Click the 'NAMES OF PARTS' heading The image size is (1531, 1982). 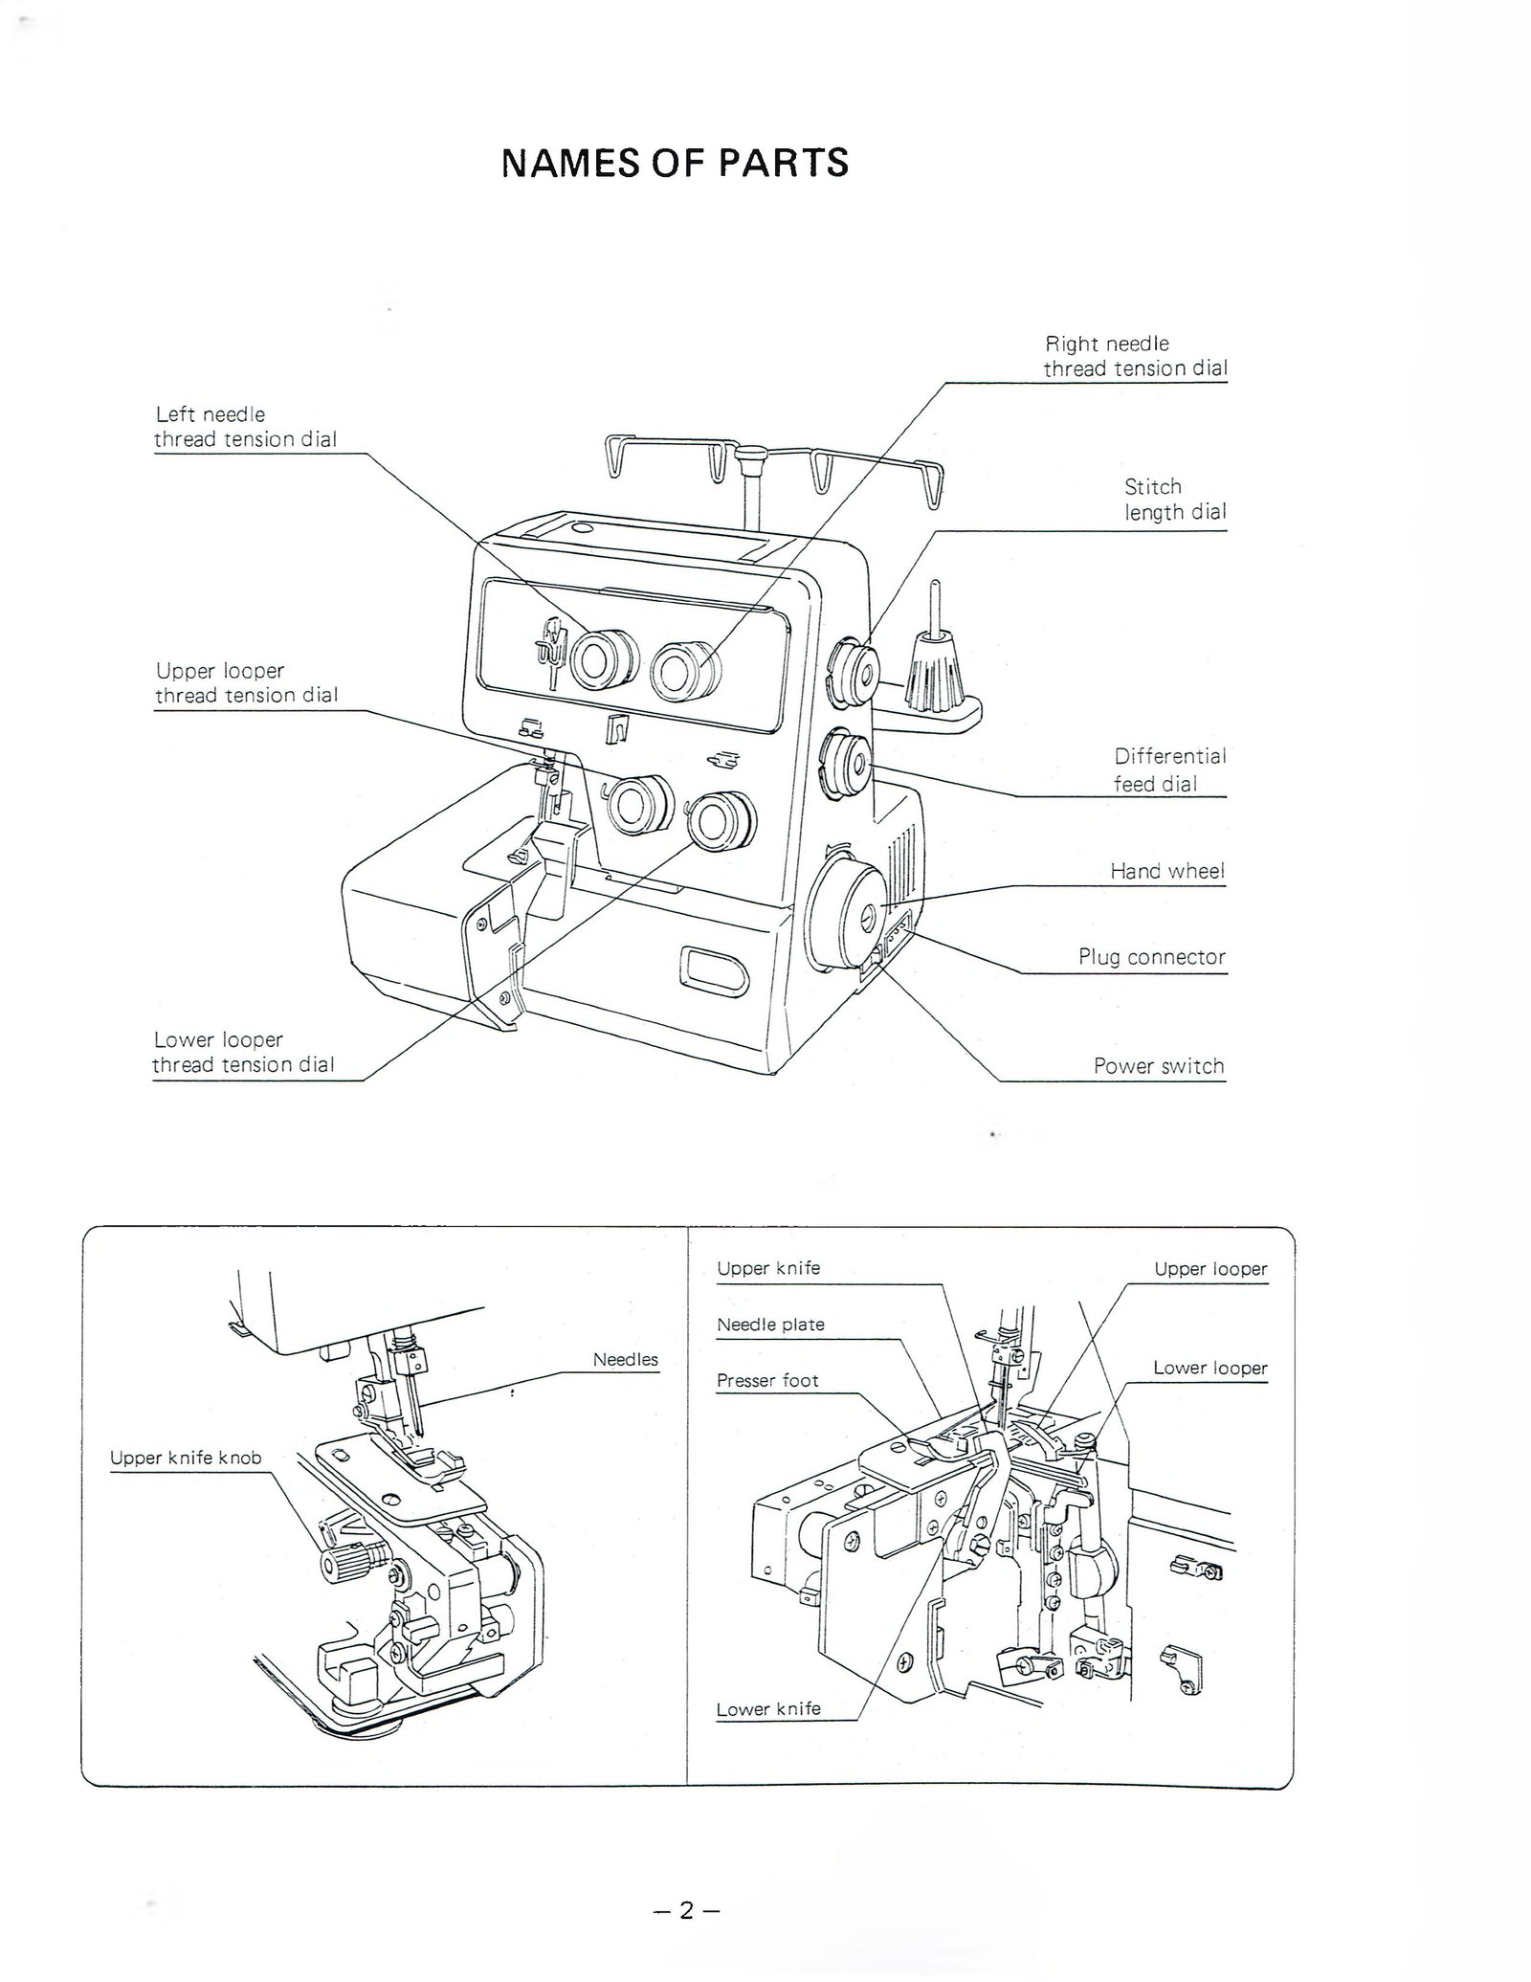[675, 163]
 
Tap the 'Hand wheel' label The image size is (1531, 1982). [1166, 871]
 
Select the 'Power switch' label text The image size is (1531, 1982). [1158, 1066]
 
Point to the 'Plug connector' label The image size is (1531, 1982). [1151, 957]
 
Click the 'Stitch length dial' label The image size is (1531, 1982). [1174, 499]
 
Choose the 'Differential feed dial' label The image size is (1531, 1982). [1168, 769]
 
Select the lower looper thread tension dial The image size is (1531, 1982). [720, 820]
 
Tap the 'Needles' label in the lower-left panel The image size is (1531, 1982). [625, 1359]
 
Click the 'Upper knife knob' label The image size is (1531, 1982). [186, 1458]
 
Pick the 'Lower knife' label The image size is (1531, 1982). [768, 1709]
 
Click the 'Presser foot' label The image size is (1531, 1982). [767, 1380]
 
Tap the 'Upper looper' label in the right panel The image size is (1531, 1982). [1209, 1269]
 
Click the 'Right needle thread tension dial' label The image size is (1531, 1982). [1134, 356]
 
